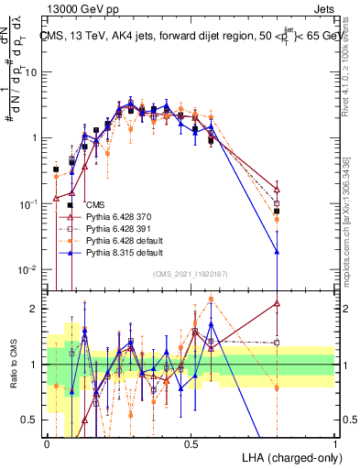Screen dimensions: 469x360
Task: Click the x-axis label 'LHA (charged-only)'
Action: point(288,456)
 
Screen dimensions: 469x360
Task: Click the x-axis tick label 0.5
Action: point(191,443)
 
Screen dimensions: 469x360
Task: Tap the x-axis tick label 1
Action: point(335,443)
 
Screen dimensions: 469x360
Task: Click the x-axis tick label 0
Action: point(47,443)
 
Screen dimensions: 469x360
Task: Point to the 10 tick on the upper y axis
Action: point(35,71)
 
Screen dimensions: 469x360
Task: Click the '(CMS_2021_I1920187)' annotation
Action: point(190,275)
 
